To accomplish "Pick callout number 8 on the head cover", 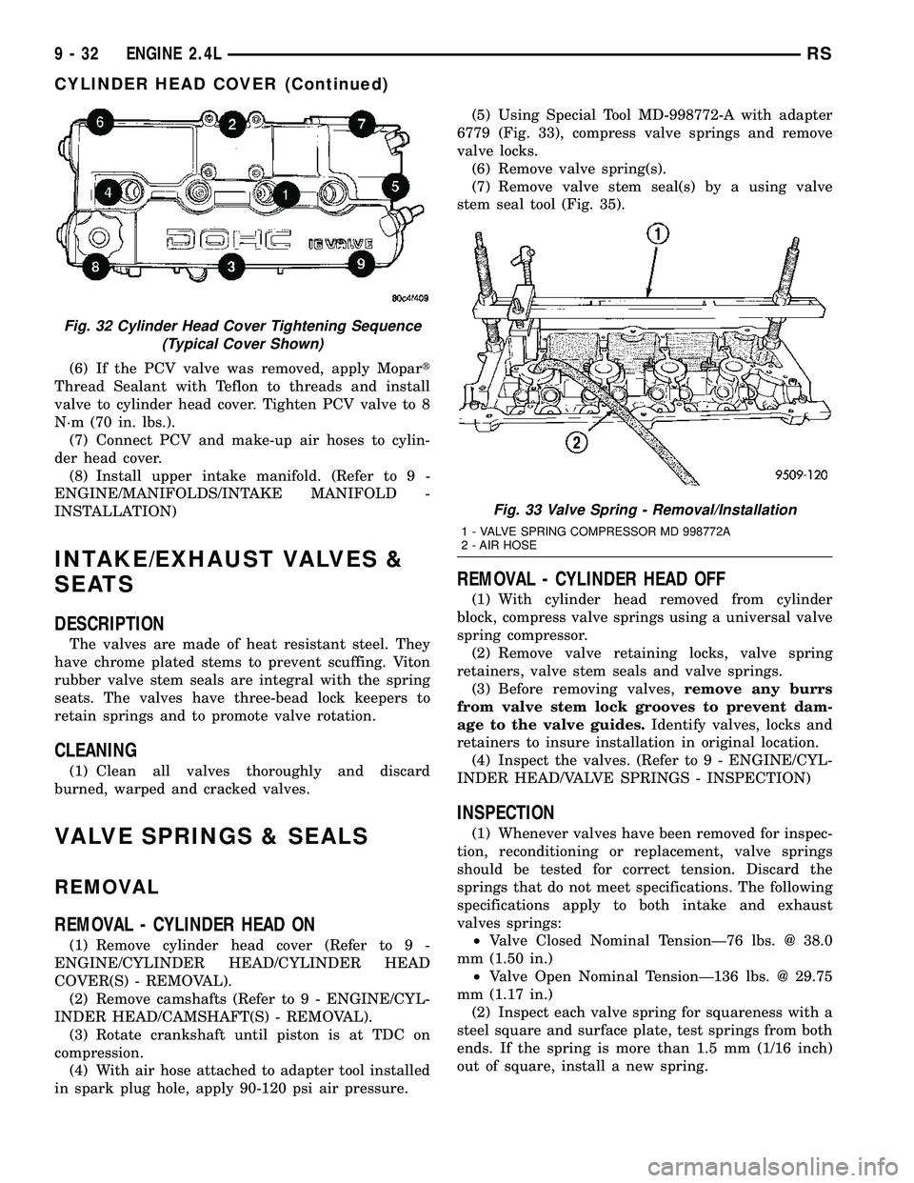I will coord(94,267).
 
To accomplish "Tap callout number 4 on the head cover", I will coord(112,192).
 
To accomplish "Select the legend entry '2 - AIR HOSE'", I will coord(497,546).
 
